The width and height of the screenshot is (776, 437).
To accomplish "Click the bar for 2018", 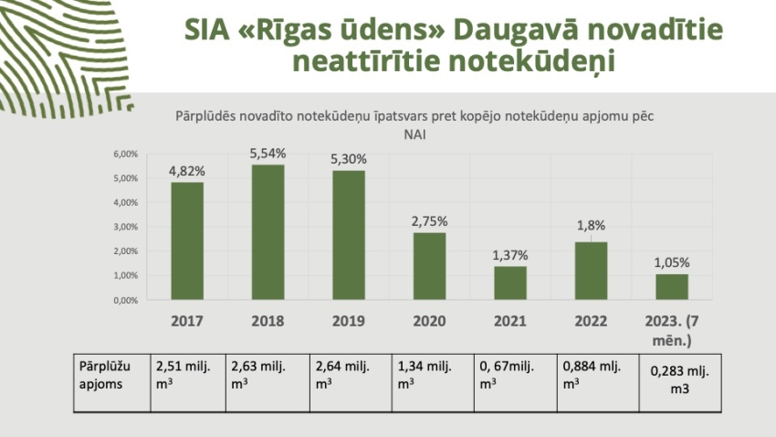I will click(267, 232).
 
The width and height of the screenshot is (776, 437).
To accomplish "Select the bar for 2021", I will click(510, 282).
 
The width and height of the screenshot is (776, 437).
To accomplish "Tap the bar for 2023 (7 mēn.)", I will click(672, 287).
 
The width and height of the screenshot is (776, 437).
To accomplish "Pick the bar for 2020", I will click(429, 266).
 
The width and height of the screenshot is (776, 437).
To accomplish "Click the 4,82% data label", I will click(186, 171).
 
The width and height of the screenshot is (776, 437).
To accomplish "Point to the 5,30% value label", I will click(348, 159).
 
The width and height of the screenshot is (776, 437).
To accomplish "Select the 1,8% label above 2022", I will click(592, 225).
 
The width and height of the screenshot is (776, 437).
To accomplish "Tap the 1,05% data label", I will click(672, 262).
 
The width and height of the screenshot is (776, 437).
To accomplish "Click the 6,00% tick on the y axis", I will click(126, 154).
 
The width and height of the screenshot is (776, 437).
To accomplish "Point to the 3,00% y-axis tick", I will click(126, 227).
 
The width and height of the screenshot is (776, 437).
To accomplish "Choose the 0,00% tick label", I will click(126, 300).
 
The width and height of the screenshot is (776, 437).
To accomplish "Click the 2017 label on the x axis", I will click(187, 322).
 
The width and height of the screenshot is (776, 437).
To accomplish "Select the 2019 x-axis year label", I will click(349, 322).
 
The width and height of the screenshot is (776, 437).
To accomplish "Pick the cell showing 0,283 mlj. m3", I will click(672, 379).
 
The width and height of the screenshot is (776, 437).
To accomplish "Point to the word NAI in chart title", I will click(414, 133).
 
